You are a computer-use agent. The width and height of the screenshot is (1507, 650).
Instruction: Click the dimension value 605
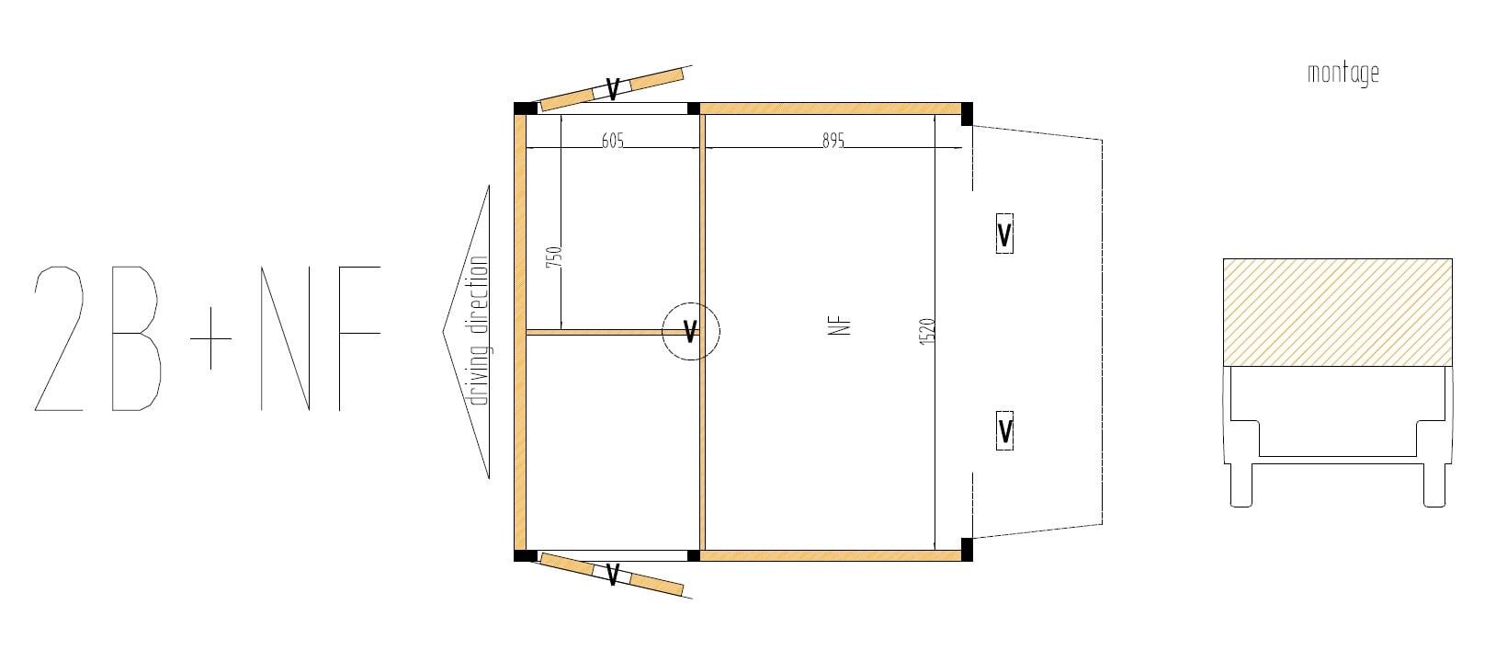click(x=612, y=140)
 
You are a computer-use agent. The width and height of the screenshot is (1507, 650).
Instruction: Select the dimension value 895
click(x=833, y=140)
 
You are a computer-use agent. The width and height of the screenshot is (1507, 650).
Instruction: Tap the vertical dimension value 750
click(x=553, y=257)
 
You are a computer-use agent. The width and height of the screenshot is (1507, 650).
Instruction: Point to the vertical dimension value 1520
click(x=927, y=332)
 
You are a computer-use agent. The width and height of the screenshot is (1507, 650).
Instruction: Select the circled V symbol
click(x=691, y=331)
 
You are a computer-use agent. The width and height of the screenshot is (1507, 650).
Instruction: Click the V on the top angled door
click(x=612, y=89)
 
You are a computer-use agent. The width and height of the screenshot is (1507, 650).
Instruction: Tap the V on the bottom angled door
click(x=612, y=574)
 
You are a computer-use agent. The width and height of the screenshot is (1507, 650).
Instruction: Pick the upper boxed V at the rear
click(x=1003, y=234)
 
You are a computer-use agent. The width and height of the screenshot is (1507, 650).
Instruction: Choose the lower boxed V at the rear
click(x=1004, y=430)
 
